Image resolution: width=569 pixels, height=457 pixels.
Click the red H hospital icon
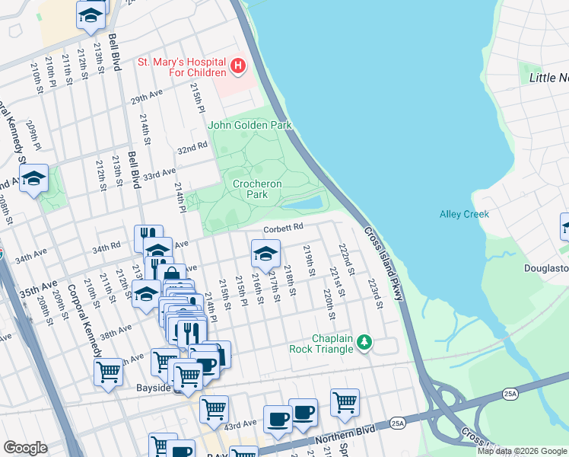(x=238, y=66)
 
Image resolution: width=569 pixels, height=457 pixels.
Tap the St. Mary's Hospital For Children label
(x=182, y=66)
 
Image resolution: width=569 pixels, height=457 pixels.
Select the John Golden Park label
(x=250, y=125)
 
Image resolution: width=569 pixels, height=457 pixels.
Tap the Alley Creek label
(x=464, y=214)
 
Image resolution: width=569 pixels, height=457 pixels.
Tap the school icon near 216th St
(x=265, y=254)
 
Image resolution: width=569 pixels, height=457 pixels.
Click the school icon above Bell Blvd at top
(x=91, y=16)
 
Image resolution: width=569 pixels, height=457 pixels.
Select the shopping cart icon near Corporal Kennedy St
(x=109, y=373)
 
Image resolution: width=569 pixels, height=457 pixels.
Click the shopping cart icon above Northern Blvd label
(x=345, y=401)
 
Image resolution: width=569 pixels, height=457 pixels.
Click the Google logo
(x=25, y=448)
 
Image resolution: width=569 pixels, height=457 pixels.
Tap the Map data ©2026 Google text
(x=521, y=451)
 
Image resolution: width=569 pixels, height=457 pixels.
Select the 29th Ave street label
(x=147, y=99)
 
